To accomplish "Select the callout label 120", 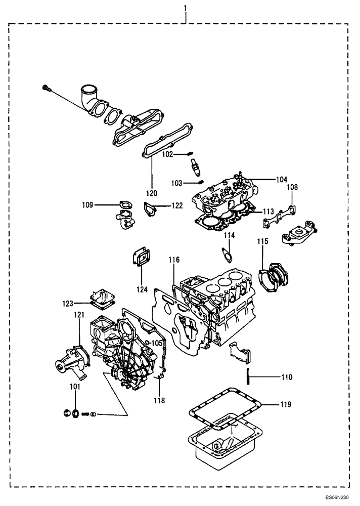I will coord(152,193).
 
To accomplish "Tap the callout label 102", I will coord(168,154).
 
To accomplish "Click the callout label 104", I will coord(281,180).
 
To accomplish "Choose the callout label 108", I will coord(293,187).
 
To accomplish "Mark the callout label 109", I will coord(87,205).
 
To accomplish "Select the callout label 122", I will coord(176,206).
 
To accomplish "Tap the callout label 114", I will coord(230,235).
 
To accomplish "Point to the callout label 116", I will coord(174,260).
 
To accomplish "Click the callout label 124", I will coord(142,290).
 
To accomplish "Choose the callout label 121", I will coord(79,315).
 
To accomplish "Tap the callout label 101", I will coord(75,388).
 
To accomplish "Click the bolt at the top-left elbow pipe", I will coord(47,89).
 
